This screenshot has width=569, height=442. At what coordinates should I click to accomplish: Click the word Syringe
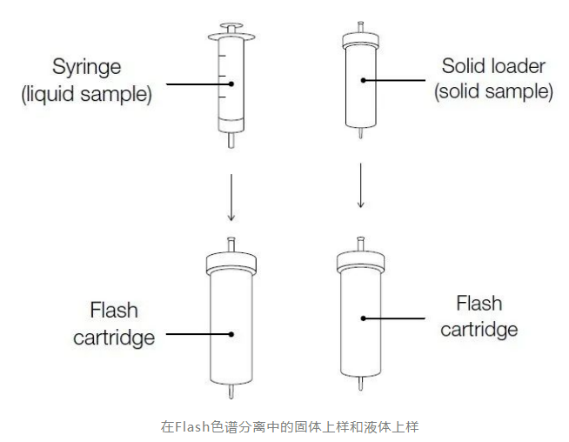tap(87, 67)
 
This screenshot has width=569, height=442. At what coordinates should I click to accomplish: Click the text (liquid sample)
tap(87, 93)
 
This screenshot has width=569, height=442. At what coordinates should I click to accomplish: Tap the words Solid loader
tap(493, 65)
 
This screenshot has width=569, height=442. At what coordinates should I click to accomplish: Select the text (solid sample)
tap(493, 91)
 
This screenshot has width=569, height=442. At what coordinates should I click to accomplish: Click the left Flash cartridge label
tap(114, 323)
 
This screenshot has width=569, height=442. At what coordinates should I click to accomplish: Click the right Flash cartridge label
tap(479, 316)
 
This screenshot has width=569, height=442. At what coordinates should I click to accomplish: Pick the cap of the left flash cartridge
tap(231, 261)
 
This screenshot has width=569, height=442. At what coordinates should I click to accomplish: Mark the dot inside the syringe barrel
tap(231, 84)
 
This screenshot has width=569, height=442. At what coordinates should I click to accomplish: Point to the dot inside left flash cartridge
tap(231, 333)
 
